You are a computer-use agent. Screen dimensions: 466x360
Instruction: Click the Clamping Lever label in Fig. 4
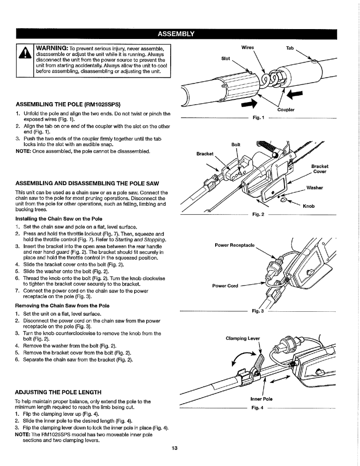coord(242,338)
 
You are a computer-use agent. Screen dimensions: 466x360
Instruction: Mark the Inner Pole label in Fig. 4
coord(262,399)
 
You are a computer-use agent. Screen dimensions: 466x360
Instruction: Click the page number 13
coord(174,449)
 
